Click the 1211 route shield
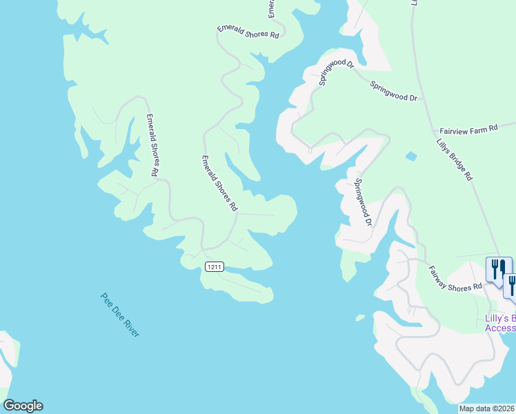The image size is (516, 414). point(215,267)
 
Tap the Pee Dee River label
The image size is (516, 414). point(120,315)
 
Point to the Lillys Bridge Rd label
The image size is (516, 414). point(454,159)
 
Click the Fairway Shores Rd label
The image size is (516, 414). point(455,278)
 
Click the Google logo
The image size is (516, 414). point(23,406)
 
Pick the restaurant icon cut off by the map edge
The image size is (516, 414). point(511,284)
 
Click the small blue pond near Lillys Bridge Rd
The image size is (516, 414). point(411,157)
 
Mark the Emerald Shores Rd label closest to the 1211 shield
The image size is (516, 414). point(219,183)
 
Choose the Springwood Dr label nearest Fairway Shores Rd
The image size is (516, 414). point(364,203)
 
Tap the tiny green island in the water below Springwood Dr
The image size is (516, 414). point(359,317)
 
